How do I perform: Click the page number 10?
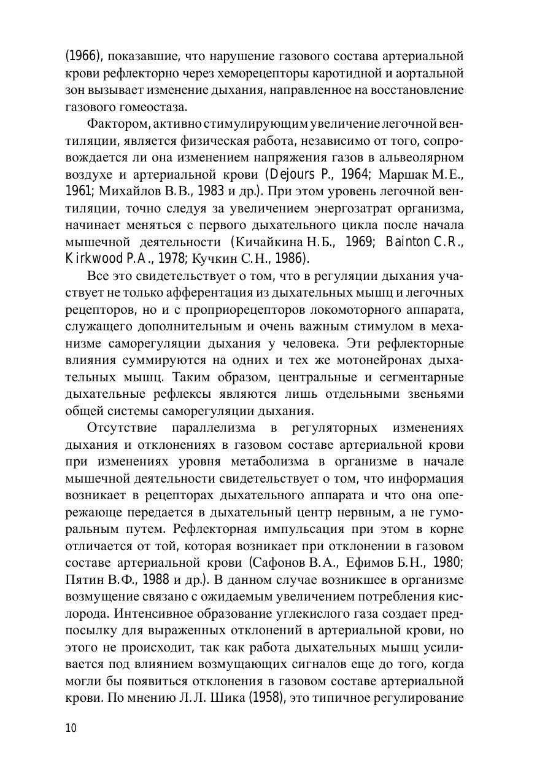(71, 728)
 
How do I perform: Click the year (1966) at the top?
(83, 56)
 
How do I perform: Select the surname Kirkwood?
(94, 258)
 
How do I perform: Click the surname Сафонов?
(282, 562)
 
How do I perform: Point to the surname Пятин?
(87, 579)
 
